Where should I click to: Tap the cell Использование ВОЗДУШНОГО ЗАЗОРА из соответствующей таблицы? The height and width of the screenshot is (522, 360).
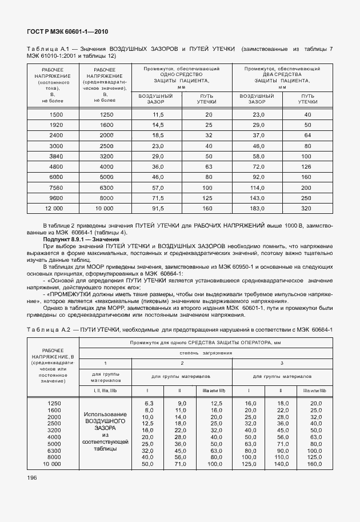tap(105, 431)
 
